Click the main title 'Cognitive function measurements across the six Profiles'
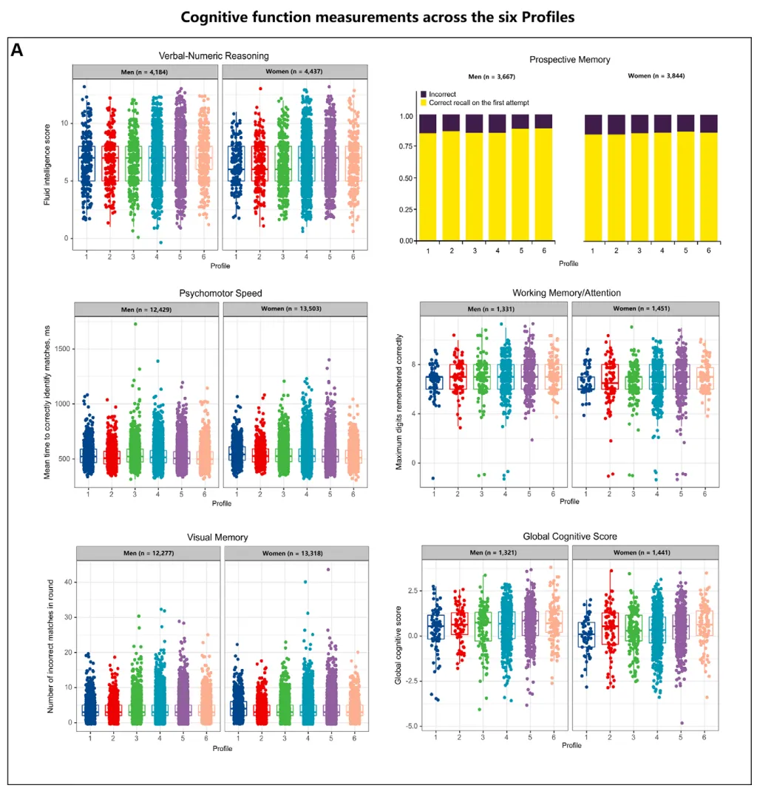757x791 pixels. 378,17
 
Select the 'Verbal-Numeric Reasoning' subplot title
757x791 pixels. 214,55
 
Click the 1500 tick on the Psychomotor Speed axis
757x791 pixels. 60,349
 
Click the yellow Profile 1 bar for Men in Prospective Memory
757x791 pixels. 427,185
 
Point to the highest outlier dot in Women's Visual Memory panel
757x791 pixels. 327,569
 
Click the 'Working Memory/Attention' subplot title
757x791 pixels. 571,293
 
